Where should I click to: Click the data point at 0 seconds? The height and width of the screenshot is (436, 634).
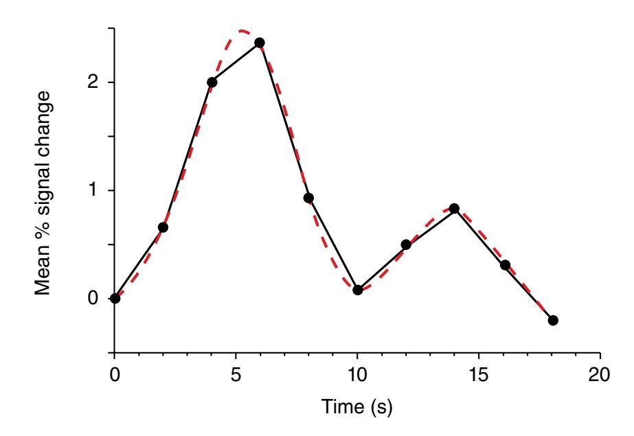point(115,298)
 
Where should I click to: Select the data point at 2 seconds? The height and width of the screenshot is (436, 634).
point(163,227)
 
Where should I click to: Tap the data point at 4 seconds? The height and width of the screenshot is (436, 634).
point(212,82)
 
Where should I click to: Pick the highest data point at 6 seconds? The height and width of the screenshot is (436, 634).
point(260,43)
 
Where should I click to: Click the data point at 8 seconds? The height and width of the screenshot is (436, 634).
point(308,198)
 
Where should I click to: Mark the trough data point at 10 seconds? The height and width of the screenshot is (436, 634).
point(357,290)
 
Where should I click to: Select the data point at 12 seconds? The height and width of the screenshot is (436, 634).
point(406,244)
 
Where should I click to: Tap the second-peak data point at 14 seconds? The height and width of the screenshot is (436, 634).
point(454,208)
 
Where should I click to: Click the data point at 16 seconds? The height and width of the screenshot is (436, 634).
point(505,265)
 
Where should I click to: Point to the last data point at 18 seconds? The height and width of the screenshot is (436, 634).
point(553,321)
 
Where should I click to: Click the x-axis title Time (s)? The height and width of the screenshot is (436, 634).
point(357,408)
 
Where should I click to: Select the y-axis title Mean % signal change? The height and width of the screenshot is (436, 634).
point(44,190)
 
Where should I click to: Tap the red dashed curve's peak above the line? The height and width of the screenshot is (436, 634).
point(242,31)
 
